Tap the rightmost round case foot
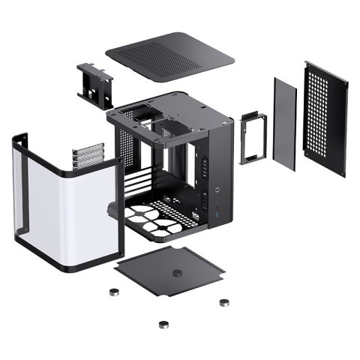[223, 302]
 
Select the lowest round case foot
[163, 325]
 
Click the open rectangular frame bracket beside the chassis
[253, 136]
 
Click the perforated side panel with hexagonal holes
[326, 116]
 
